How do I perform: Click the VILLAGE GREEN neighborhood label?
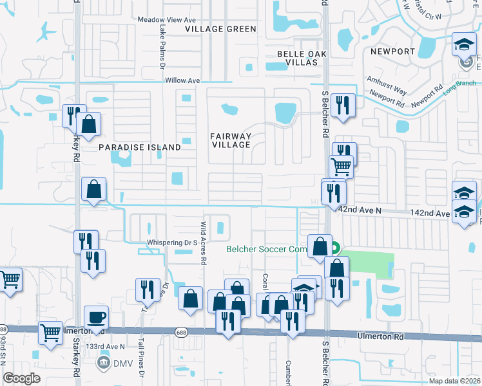click(220, 29)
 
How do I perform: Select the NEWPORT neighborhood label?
click(392, 51)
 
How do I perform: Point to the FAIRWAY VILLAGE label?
click(231, 140)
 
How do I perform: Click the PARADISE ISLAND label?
click(140, 147)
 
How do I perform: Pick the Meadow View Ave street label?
click(167, 20)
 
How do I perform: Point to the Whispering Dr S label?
click(171, 243)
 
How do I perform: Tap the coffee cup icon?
click(96, 318)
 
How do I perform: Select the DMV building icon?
click(102, 363)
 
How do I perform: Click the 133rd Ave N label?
click(107, 346)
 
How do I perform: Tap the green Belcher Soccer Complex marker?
click(335, 248)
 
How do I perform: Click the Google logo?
click(22, 378)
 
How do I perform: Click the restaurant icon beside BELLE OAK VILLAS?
click(343, 106)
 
